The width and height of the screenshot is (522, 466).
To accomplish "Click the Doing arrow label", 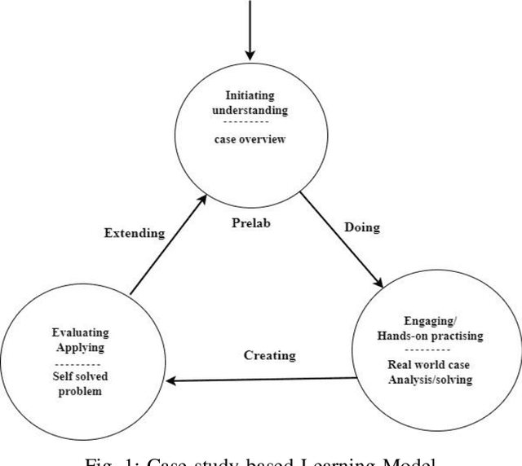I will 362,227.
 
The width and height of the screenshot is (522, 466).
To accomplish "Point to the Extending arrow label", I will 135,233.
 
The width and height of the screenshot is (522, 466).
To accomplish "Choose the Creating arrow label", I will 270,355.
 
